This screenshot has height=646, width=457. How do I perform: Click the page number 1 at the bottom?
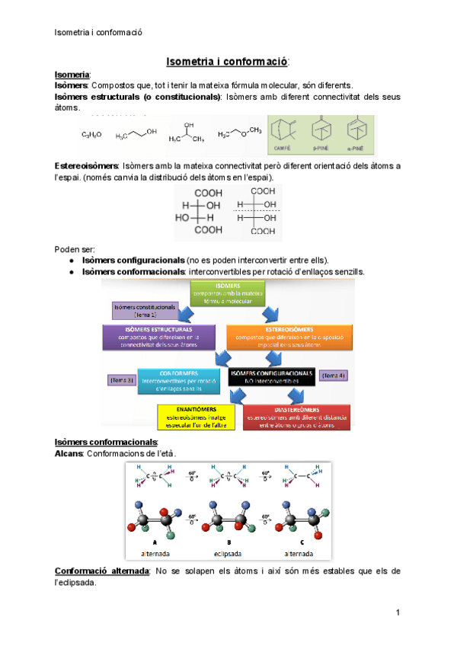click(398, 612)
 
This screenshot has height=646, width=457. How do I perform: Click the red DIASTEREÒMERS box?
click(297, 416)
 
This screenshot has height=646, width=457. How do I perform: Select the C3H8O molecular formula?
click(92, 136)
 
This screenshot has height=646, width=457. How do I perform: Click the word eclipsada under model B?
click(228, 552)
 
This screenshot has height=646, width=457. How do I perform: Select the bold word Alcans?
click(69, 453)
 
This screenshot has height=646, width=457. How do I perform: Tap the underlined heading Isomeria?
click(73, 75)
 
